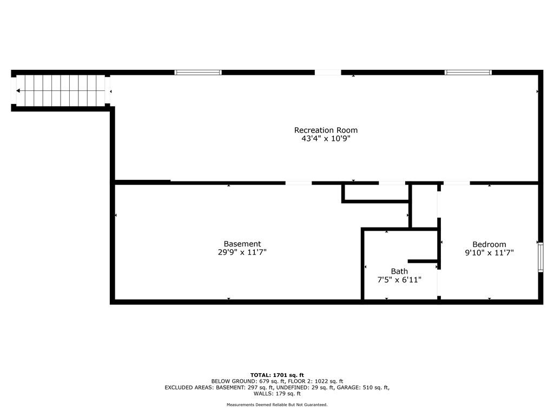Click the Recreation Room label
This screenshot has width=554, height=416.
(x=326, y=130)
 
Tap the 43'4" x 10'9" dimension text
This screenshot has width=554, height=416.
(x=326, y=139)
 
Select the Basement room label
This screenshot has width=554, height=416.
(x=242, y=244)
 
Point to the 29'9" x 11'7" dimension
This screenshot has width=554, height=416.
(x=242, y=252)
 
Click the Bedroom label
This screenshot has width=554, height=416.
(x=489, y=244)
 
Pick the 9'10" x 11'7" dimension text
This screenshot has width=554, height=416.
(x=489, y=252)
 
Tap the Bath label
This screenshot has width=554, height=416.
(x=399, y=271)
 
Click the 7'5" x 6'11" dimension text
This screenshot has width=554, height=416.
(x=399, y=280)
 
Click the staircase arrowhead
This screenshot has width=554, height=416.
(x=18, y=91)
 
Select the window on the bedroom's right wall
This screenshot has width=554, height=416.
(x=540, y=257)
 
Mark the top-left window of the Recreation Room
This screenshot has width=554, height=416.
(x=198, y=73)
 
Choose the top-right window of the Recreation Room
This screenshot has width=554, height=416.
(x=468, y=73)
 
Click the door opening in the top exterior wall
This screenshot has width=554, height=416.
(x=328, y=73)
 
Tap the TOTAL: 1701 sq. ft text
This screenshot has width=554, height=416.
(x=277, y=375)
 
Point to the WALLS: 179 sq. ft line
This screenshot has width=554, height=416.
(x=277, y=393)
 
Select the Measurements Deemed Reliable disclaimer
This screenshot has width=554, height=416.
(x=277, y=405)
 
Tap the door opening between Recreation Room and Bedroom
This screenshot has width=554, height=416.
(x=457, y=183)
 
